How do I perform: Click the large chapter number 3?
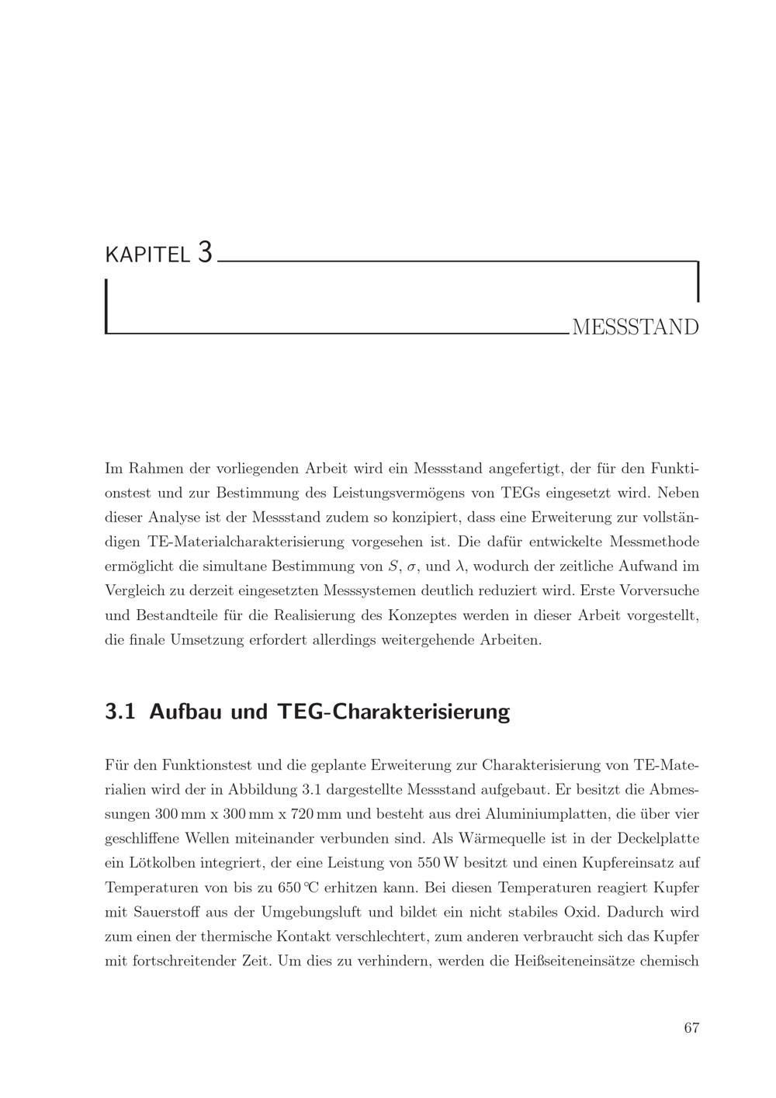point(204,252)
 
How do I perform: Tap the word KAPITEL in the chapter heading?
point(147,255)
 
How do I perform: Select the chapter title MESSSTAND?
point(635,327)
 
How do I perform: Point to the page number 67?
point(691,1028)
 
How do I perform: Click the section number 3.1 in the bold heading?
point(120,711)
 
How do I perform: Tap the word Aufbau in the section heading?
point(186,711)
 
